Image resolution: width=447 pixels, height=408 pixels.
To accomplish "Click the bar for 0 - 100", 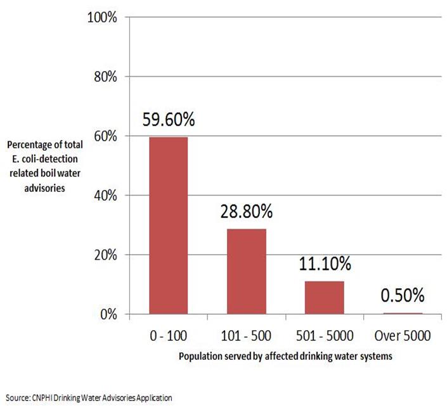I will (168, 226).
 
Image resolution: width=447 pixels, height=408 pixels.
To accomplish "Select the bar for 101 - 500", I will (246, 271).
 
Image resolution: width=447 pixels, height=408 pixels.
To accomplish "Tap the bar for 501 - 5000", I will (324, 298).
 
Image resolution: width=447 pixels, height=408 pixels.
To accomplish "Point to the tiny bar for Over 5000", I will (402, 313).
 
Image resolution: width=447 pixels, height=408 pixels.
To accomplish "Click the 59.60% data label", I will (169, 120).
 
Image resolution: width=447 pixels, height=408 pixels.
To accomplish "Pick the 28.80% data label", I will (247, 212).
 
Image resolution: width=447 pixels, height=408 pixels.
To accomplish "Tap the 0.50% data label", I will (403, 295).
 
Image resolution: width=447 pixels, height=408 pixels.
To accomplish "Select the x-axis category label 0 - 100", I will (168, 333).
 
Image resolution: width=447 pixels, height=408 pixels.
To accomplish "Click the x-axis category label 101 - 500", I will (246, 333).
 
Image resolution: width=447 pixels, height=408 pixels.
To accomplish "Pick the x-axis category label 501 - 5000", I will (324, 333).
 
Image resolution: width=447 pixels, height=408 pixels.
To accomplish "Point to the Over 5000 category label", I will (402, 333).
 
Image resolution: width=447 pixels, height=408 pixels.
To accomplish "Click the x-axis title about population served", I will (285, 356).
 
